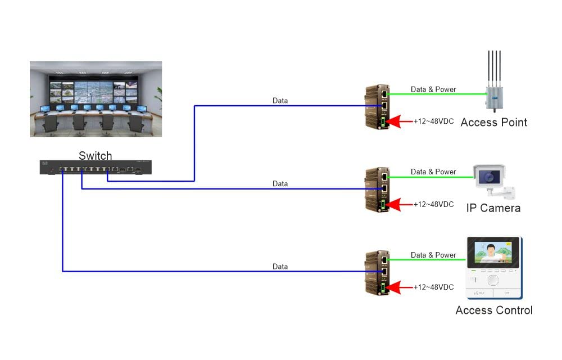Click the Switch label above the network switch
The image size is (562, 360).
click(95, 156)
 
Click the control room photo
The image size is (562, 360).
click(96, 99)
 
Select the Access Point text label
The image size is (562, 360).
click(493, 122)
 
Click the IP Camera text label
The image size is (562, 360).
click(493, 208)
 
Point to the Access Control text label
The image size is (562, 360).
click(493, 310)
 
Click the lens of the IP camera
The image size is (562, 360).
click(490, 177)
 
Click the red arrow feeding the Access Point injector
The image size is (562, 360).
click(400, 121)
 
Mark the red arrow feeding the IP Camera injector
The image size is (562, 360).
click(400, 205)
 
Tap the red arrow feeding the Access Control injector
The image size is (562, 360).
click(400, 287)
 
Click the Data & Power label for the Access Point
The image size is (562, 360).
click(433, 89)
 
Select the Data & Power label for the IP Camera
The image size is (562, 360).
click(433, 172)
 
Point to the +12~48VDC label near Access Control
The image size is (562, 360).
click(433, 287)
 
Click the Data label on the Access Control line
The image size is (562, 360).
click(280, 267)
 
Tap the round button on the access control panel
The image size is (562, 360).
click(493, 280)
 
